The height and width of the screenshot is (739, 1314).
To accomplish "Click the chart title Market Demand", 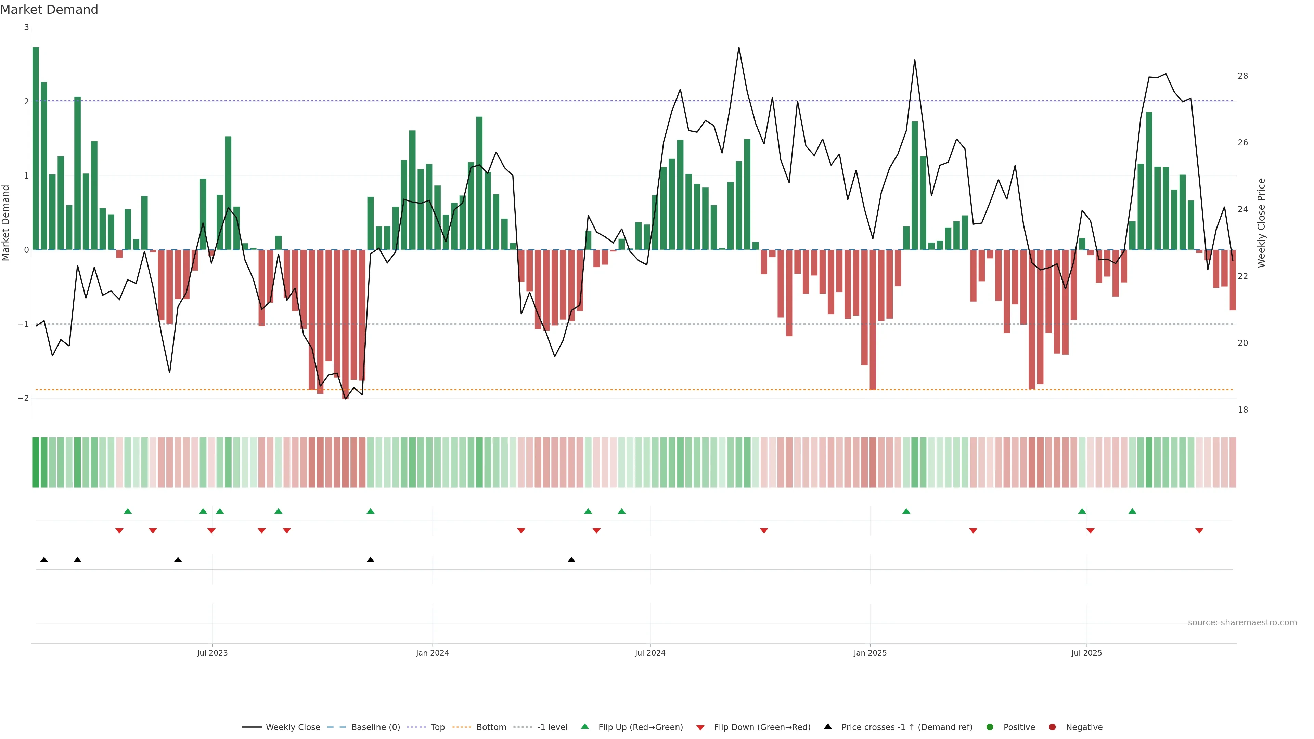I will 49,10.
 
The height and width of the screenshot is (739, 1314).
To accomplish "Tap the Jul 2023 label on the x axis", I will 212,653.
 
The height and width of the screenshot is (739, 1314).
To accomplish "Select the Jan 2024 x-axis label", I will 432,653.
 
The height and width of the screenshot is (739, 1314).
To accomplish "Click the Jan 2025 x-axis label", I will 870,653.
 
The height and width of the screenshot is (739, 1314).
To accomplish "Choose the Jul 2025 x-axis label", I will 1086,653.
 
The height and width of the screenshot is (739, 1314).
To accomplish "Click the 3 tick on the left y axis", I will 27,27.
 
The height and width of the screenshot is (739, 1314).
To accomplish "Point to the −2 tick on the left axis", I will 24,398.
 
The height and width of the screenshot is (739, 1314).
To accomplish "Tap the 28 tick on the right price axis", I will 1242,76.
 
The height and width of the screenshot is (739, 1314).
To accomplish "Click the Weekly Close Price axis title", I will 1261,223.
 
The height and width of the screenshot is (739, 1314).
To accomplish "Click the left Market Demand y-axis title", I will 6,223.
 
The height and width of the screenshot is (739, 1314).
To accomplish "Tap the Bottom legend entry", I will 491,727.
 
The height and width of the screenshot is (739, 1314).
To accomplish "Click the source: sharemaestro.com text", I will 1242,623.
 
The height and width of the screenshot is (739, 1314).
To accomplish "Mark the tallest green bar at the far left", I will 36,148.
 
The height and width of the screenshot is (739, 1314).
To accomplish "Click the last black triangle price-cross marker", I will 571,560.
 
